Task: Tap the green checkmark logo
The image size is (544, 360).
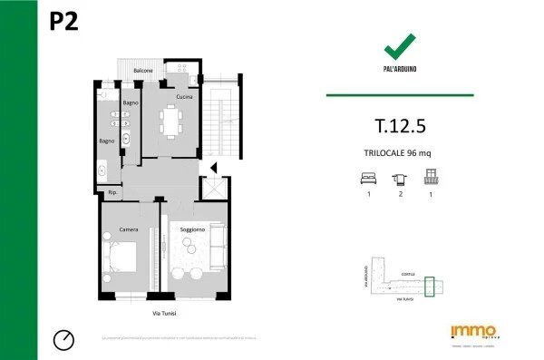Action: (x=399, y=46)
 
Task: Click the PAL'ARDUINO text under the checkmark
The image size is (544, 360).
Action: (x=399, y=69)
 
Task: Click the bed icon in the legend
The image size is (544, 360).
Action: (x=368, y=179)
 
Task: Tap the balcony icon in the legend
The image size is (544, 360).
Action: (x=431, y=179)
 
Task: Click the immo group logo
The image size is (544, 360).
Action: (x=472, y=332)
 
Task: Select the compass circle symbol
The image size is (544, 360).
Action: (x=63, y=339)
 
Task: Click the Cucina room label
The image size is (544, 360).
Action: (x=185, y=96)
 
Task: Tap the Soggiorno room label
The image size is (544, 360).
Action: (x=191, y=229)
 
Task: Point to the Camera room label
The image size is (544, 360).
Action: (x=129, y=229)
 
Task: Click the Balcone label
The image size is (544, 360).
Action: (x=143, y=70)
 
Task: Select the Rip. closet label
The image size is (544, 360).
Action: (x=113, y=193)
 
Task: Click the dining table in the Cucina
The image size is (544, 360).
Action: (x=171, y=119)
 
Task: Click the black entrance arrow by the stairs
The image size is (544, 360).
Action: (x=212, y=168)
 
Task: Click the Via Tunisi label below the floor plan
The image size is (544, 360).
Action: (x=164, y=313)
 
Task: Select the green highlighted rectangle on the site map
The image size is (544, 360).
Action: (x=431, y=287)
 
